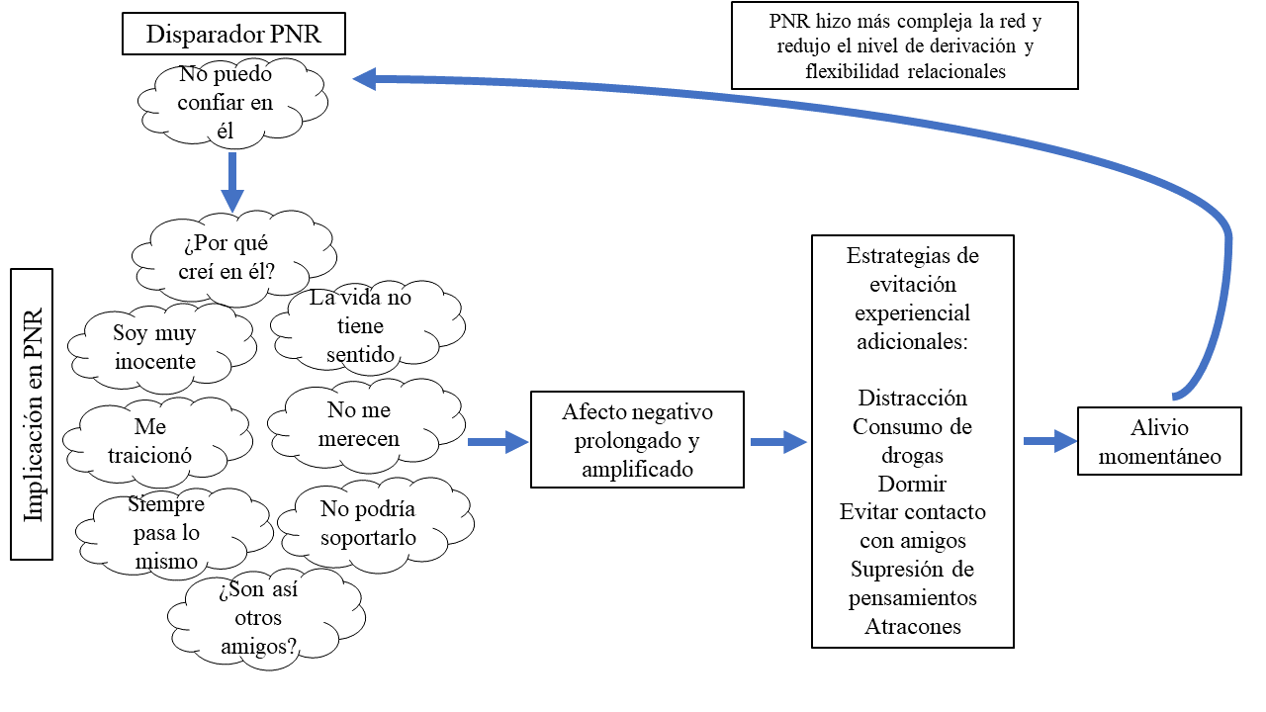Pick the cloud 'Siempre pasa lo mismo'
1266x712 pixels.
[x=166, y=533]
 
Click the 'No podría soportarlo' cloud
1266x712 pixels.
[x=368, y=524]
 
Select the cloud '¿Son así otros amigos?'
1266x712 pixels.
[x=260, y=618]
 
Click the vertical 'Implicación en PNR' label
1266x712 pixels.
[x=33, y=413]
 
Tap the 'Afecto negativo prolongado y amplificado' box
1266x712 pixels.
[x=637, y=440]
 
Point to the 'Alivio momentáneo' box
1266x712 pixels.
[x=1159, y=442]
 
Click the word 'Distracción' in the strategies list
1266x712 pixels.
[x=912, y=399]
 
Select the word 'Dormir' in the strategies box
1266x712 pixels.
[x=912, y=485]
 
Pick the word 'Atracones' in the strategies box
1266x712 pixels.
[x=912, y=627]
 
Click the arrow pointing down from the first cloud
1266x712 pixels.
[x=232, y=181]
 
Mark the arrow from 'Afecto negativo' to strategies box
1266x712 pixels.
[x=777, y=441]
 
